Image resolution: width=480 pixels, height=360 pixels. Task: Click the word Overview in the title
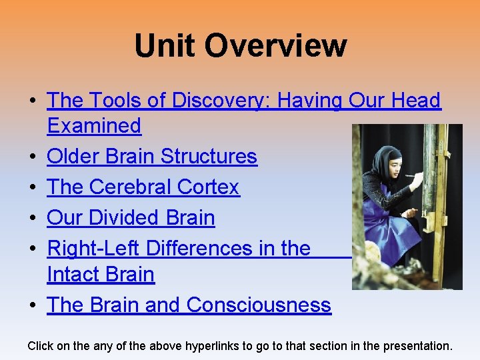(275, 46)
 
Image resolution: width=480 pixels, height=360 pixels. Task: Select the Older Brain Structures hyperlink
(152, 157)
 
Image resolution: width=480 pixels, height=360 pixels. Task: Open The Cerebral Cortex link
(143, 187)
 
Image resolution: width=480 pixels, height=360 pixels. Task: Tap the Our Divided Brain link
(131, 218)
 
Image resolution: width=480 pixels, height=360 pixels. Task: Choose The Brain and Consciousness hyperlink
(189, 305)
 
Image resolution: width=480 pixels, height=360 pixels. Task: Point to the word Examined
(94, 126)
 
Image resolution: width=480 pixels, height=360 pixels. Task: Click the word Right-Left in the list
(93, 249)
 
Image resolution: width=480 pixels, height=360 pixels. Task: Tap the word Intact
(73, 275)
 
